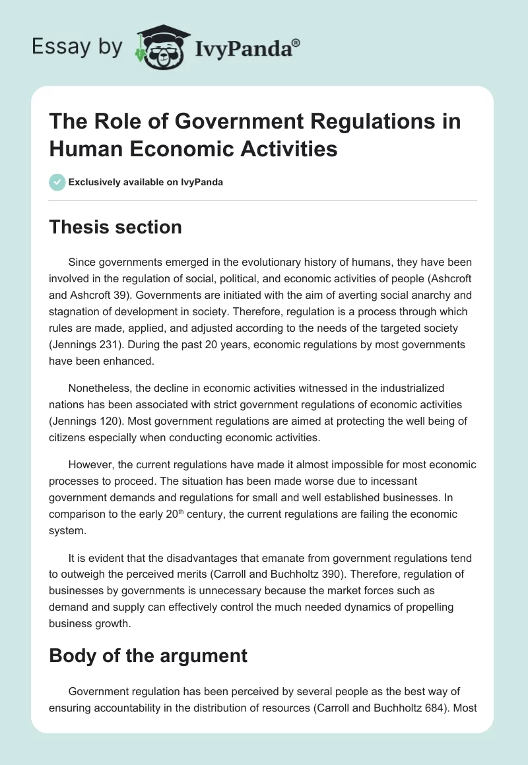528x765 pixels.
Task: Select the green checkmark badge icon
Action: pyautogui.click(x=58, y=183)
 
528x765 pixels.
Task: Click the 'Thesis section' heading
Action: pyautogui.click(x=116, y=227)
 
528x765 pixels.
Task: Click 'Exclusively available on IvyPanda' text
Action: pyautogui.click(x=145, y=183)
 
